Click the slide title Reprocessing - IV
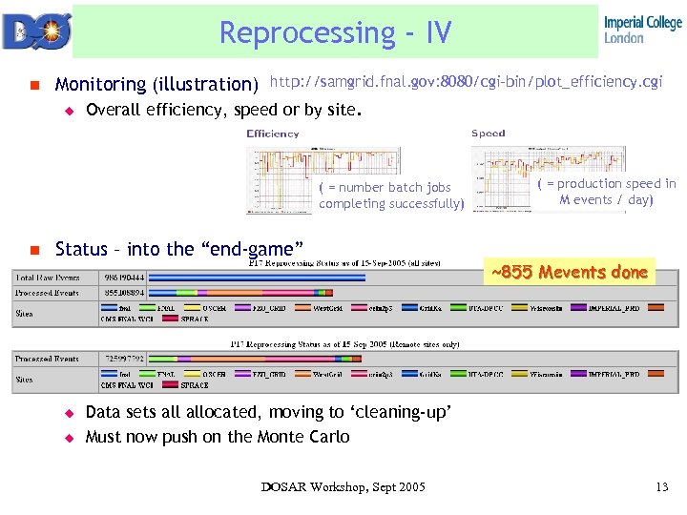click(335, 32)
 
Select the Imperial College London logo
click(642, 30)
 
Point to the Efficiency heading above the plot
click(273, 134)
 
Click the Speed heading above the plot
click(489, 134)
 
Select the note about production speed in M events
click(606, 192)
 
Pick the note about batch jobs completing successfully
click(391, 196)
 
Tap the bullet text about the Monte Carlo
click(218, 437)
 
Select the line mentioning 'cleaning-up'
click(268, 413)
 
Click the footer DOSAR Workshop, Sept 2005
click(343, 487)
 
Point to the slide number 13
click(662, 487)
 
